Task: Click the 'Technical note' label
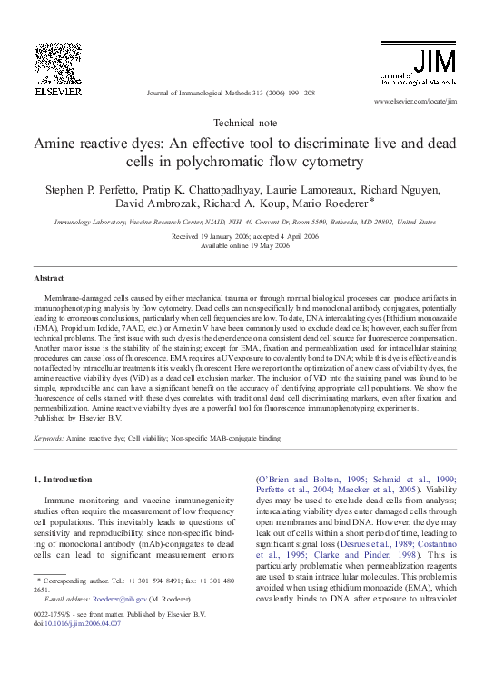tap(246, 122)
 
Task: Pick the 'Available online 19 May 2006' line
tap(246, 245)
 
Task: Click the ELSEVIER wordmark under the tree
tap(58, 92)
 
